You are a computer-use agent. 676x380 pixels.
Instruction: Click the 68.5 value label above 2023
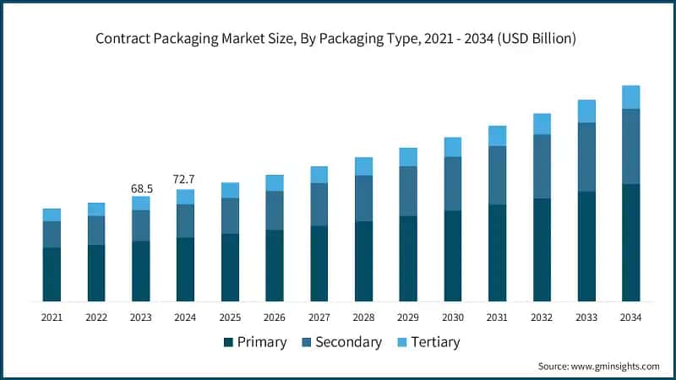(140, 187)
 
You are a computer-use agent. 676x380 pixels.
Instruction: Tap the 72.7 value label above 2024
(185, 180)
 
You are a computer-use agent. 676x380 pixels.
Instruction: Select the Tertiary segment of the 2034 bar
(630, 97)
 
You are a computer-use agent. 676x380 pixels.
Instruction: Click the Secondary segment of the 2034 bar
(630, 146)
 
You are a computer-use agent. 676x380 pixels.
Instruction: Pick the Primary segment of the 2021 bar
(52, 274)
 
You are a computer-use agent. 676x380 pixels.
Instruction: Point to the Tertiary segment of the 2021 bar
(52, 214)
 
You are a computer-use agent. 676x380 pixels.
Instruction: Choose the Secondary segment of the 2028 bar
(363, 198)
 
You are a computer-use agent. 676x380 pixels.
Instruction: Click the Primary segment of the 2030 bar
(452, 256)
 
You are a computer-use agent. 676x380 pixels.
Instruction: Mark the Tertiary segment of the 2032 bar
(542, 124)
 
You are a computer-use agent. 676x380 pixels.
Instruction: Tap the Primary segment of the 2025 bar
(230, 267)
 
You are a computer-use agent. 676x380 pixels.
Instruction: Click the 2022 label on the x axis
(96, 318)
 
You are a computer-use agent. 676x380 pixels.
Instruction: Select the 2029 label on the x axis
(408, 318)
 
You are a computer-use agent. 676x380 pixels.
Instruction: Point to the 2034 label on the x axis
(630, 318)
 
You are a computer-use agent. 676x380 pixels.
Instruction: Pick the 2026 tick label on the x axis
(275, 318)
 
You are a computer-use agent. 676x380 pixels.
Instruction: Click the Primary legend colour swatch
(228, 342)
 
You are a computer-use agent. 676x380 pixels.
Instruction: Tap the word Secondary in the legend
(348, 342)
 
